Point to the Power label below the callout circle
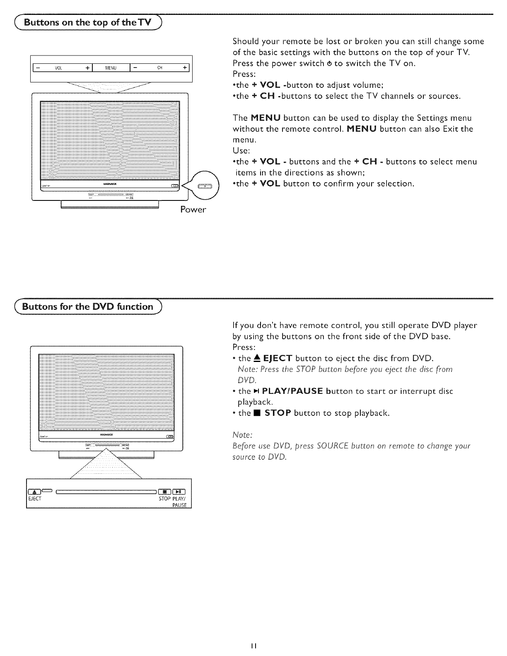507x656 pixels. point(193,210)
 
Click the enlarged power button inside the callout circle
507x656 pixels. point(205,186)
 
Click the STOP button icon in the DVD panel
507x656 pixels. point(164,492)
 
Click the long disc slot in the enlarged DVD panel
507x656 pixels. point(106,492)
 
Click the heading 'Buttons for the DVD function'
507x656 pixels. point(87,307)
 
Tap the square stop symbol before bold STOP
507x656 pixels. point(257,413)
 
